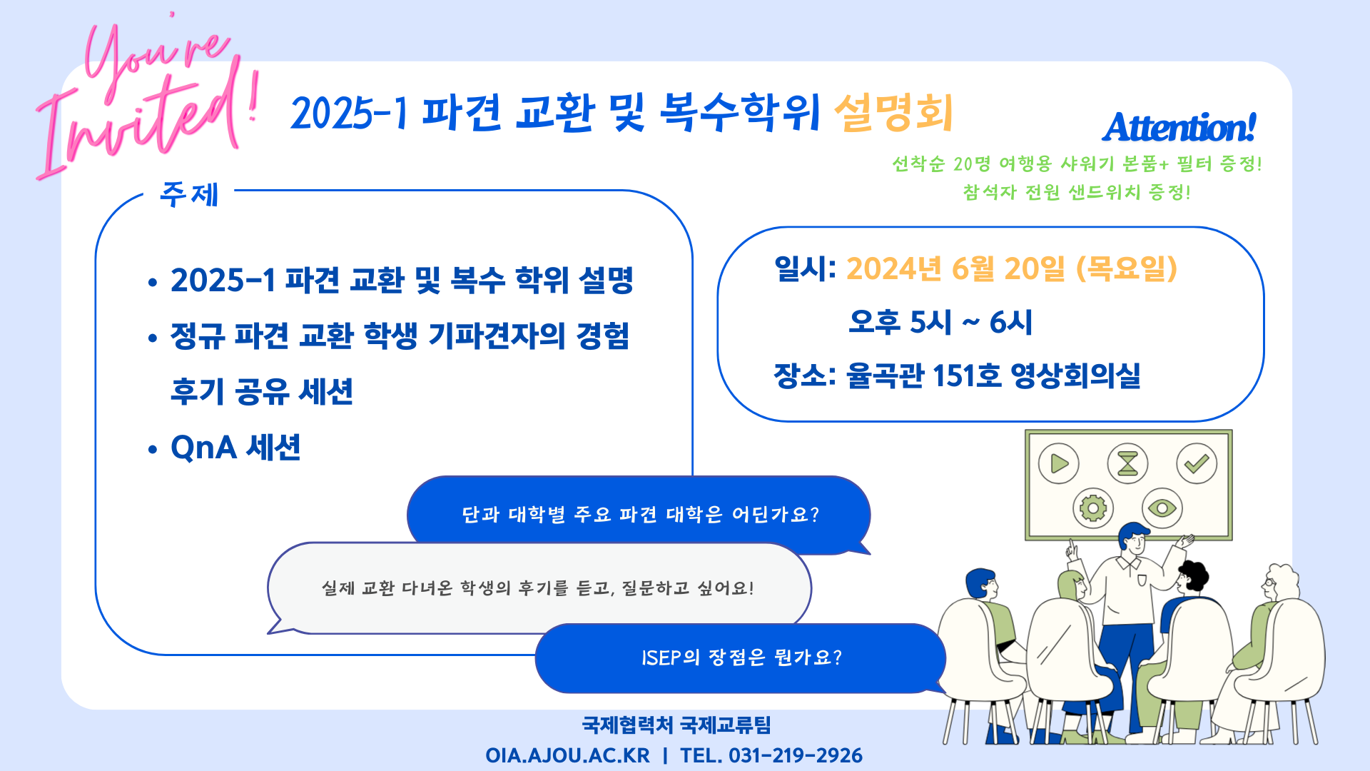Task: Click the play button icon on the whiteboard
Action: [1059, 463]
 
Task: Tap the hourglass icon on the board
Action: [1127, 463]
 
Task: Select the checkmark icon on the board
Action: [1197, 463]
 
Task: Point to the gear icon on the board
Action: [1093, 508]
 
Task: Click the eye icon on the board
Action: [1162, 508]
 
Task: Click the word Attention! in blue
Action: [1179, 128]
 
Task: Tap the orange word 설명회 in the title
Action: [894, 113]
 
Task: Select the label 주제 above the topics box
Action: [189, 193]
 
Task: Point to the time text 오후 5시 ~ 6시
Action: [940, 322]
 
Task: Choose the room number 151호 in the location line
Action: [967, 376]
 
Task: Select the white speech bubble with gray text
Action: [539, 588]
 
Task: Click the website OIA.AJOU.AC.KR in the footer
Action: [567, 755]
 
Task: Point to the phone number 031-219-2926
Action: [796, 755]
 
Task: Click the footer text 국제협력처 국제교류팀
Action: [676, 725]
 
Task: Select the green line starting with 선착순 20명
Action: [1077, 164]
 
